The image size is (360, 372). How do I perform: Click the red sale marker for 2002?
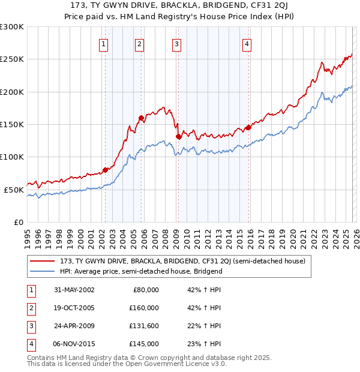click(x=106, y=170)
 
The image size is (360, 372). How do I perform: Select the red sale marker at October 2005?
click(x=141, y=118)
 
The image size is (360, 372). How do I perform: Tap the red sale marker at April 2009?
click(x=178, y=136)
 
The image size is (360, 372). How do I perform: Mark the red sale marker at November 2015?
click(x=248, y=127)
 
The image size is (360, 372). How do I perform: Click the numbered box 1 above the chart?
click(x=104, y=43)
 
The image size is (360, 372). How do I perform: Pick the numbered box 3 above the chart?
click(x=176, y=43)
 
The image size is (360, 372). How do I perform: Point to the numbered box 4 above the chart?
click(x=247, y=43)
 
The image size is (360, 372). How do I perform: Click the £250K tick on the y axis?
click(x=12, y=59)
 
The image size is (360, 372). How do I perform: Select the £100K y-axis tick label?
click(x=12, y=157)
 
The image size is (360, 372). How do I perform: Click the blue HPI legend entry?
click(x=141, y=271)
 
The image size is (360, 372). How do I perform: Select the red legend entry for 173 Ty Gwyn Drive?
click(x=182, y=261)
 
